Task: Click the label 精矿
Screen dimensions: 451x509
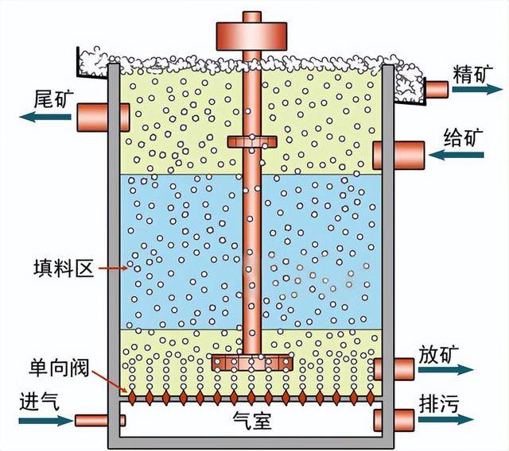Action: click(x=470, y=74)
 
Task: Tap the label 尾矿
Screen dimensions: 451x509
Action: click(x=54, y=98)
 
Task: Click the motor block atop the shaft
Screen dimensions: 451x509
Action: click(x=249, y=33)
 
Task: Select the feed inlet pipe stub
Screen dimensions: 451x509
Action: click(x=407, y=151)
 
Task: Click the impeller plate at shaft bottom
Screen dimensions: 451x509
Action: click(x=251, y=362)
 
